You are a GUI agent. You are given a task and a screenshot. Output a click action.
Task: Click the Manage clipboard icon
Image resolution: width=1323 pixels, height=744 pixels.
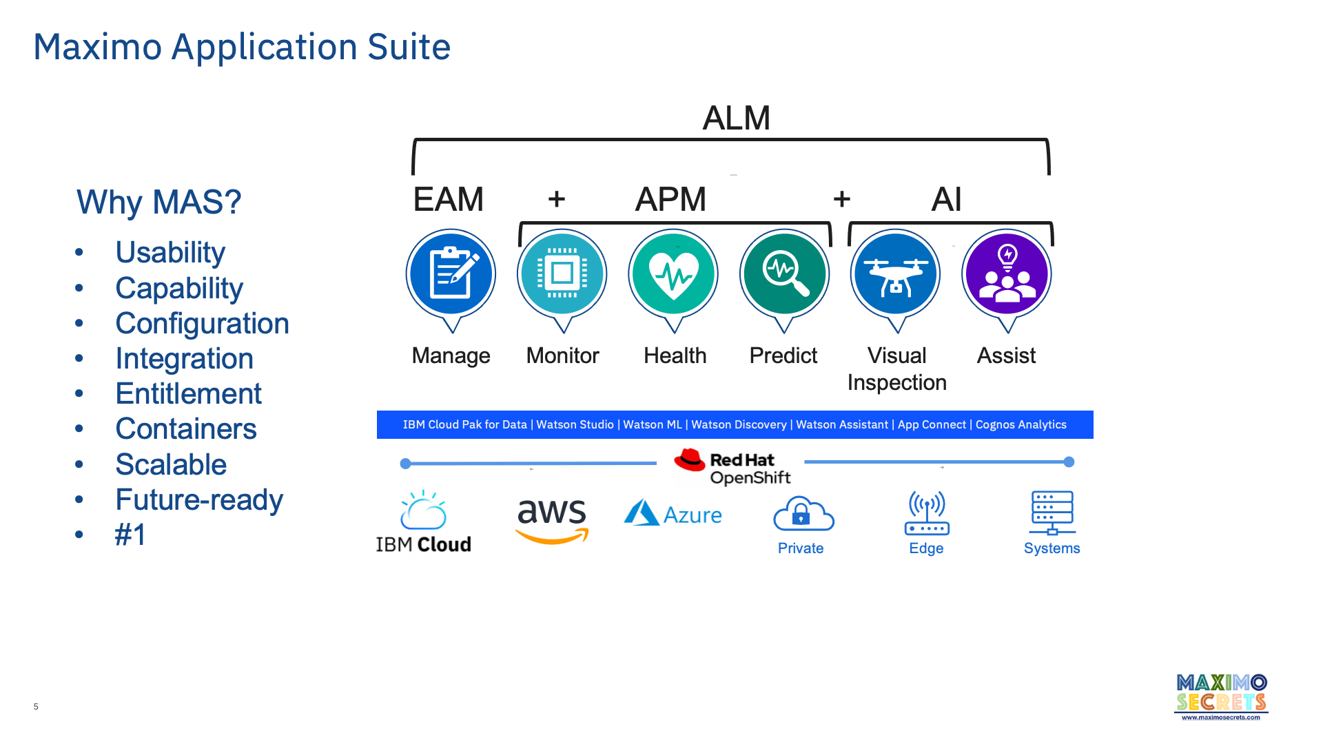pyautogui.click(x=451, y=274)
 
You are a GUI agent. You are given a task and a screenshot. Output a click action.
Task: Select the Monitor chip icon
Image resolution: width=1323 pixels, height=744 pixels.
pyautogui.click(x=562, y=274)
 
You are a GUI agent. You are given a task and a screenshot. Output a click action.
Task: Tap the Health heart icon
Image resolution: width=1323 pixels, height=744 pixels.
pyautogui.click(x=673, y=274)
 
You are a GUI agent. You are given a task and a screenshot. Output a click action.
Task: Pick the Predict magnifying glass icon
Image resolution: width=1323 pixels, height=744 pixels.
pyautogui.click(x=784, y=274)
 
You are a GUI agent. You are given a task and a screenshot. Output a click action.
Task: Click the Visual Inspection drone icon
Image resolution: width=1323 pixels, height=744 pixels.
pyautogui.click(x=895, y=274)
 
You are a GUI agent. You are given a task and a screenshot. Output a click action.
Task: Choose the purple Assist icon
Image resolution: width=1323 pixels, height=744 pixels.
pyautogui.click(x=1007, y=274)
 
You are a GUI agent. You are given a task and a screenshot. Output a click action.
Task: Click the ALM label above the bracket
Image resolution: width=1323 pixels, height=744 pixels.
pyautogui.click(x=736, y=118)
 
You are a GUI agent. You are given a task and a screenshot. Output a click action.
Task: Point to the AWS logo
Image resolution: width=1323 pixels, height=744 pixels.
pyautogui.click(x=552, y=520)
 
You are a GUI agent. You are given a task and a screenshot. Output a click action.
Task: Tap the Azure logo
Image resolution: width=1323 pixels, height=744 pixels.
pyautogui.click(x=673, y=514)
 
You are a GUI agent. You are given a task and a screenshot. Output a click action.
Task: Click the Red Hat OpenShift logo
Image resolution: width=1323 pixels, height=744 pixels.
pyautogui.click(x=732, y=467)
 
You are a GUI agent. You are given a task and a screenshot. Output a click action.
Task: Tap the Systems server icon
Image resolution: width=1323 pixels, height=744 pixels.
pyautogui.click(x=1052, y=513)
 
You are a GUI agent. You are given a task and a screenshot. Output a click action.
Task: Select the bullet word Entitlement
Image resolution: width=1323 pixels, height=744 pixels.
pyautogui.click(x=188, y=394)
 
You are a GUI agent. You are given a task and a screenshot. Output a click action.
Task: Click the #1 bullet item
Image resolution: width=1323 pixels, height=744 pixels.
pyautogui.click(x=130, y=535)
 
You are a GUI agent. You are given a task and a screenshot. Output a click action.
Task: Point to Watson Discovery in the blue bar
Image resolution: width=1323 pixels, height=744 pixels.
pyautogui.click(x=739, y=425)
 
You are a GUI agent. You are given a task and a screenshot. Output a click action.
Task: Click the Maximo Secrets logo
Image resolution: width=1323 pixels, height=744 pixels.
pyautogui.click(x=1221, y=696)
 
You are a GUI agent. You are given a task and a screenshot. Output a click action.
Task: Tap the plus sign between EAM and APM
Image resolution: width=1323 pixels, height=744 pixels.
pyautogui.click(x=557, y=199)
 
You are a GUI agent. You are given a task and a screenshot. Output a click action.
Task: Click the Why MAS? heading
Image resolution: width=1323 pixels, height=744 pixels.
pyautogui.click(x=158, y=203)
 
